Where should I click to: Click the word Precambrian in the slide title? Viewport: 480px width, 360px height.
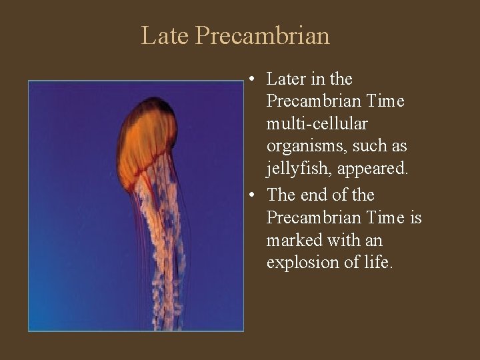(263, 35)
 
